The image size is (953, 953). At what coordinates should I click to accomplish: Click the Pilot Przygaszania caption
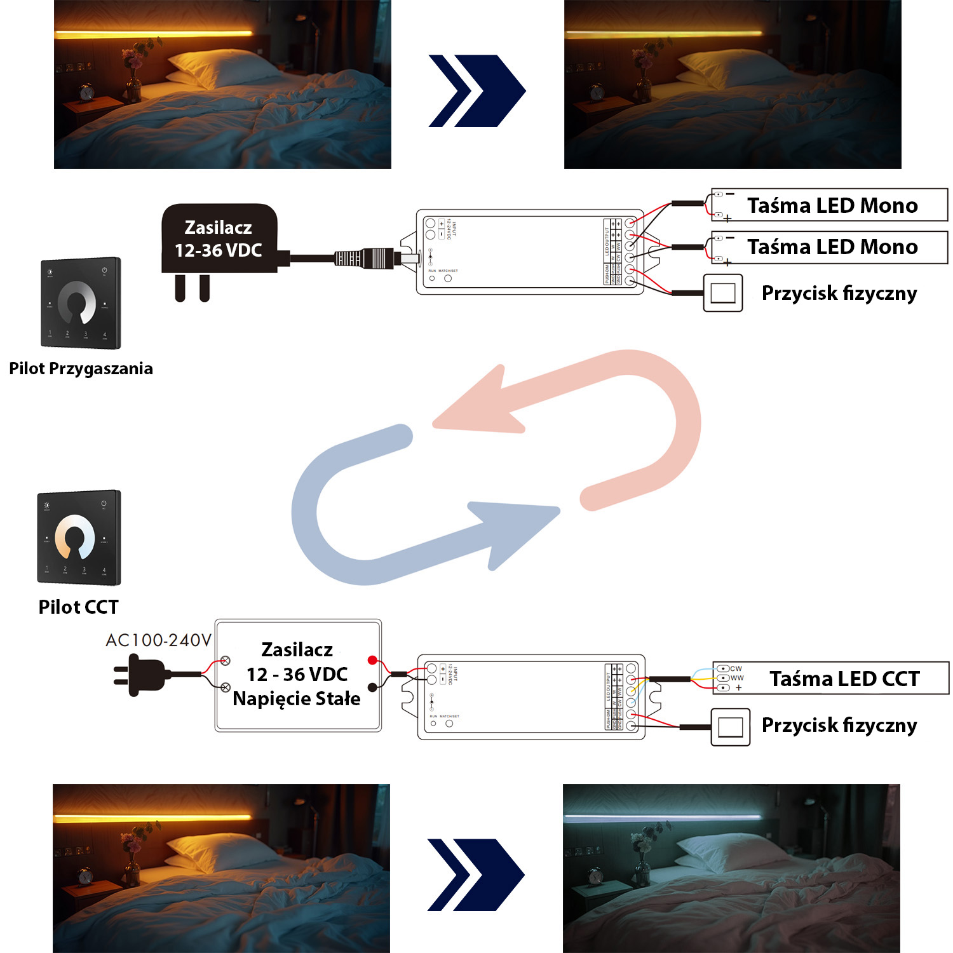click(81, 368)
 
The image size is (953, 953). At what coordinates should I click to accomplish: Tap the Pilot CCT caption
click(78, 607)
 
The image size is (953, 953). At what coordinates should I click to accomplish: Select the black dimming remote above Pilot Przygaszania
click(81, 303)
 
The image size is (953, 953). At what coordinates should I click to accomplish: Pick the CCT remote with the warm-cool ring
click(79, 537)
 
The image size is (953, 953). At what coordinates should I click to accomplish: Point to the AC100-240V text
click(158, 640)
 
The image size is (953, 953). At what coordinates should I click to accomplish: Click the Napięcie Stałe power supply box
click(297, 675)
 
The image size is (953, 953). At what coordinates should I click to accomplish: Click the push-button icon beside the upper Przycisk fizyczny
click(723, 293)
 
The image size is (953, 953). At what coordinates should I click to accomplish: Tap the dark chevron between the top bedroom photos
click(476, 91)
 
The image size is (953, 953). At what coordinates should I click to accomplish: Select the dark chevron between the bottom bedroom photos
click(475, 875)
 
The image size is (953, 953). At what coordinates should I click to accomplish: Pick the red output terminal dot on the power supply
click(372, 660)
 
